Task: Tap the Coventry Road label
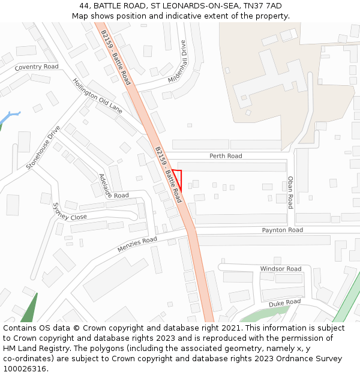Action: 37,67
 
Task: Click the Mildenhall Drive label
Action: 178,62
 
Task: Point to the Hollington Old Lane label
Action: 97,96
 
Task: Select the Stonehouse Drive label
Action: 43,148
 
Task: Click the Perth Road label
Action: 226,156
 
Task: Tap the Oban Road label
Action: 290,192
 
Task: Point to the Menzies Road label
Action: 137,244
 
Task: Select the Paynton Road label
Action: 282,230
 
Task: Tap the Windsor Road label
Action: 280,269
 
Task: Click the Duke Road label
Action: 284,304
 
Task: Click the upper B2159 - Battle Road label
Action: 116,57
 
